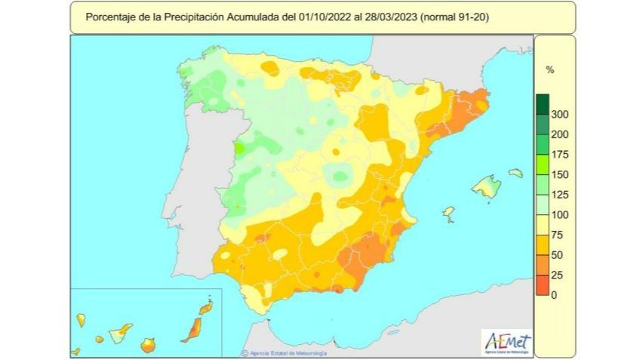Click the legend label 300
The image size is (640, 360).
pyautogui.click(x=559, y=115)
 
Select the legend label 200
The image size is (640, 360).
pyautogui.click(x=559, y=134)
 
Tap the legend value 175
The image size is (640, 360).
pyautogui.click(x=559, y=155)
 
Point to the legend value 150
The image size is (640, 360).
pyautogui.click(x=559, y=174)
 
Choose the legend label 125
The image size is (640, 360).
pyautogui.click(x=559, y=195)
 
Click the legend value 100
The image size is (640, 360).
pyautogui.click(x=559, y=215)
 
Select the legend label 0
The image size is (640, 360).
pyautogui.click(x=554, y=295)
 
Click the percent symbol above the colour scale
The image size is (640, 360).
pyautogui.click(x=550, y=69)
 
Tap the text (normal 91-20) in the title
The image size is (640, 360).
pyautogui.click(x=452, y=16)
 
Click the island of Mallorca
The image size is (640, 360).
pyautogui.click(x=487, y=186)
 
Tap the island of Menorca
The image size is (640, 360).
pyautogui.click(x=515, y=173)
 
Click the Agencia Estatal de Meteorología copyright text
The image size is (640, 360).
pyautogui.click(x=286, y=352)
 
